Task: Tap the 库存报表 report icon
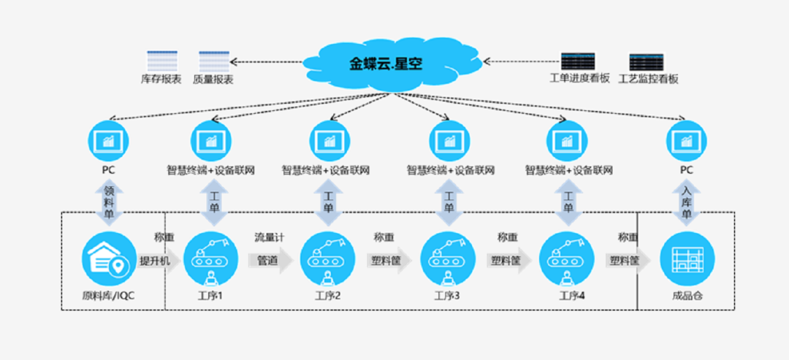click(161, 61)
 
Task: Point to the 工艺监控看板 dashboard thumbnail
click(647, 61)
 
